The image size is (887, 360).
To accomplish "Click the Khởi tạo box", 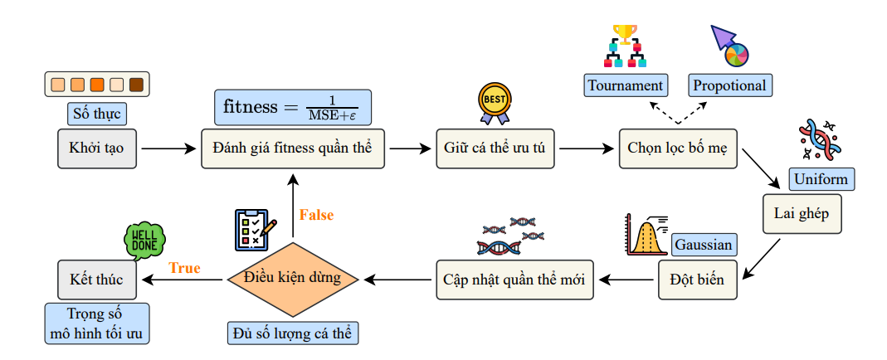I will (x=97, y=149).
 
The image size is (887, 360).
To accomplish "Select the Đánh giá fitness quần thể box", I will (x=293, y=149).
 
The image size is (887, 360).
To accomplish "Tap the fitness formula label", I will (x=292, y=107).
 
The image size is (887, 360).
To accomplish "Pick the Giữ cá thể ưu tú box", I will (x=496, y=149).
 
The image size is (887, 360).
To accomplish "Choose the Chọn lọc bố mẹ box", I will (x=678, y=149).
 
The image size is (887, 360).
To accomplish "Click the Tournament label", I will (x=625, y=85).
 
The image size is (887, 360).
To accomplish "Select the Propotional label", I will (x=729, y=85).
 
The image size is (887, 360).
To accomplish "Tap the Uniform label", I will (x=821, y=179).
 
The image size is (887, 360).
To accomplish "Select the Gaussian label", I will (x=703, y=245).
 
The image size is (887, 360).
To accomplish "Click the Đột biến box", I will (x=696, y=280).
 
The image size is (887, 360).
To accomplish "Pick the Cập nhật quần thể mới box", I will (x=513, y=280).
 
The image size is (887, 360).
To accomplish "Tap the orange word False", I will (x=316, y=215).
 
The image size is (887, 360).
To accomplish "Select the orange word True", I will (x=185, y=268).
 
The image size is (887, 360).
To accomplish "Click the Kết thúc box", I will (x=97, y=280).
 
